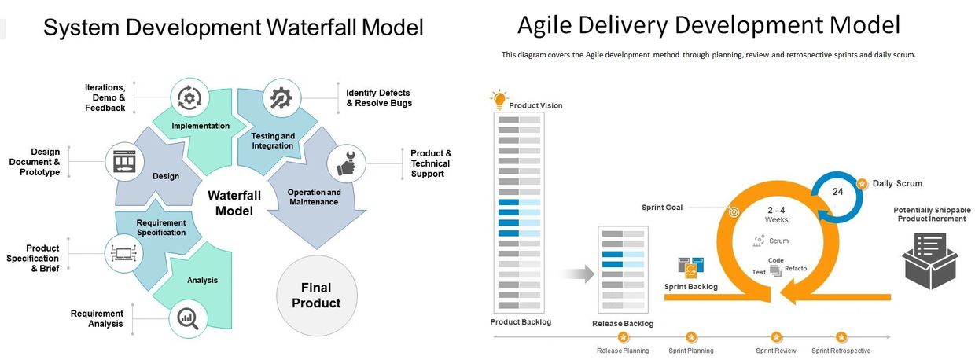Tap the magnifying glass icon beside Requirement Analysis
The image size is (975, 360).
tap(188, 318)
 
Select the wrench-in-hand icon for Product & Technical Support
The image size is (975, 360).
tap(346, 163)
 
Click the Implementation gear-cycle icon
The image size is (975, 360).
tap(189, 97)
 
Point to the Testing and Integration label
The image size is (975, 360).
tap(273, 141)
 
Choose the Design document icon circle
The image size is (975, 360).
tap(125, 161)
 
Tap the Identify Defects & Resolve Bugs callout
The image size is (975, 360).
tap(379, 97)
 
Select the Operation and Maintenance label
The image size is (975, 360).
tap(314, 197)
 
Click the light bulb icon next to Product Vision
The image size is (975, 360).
tap(498, 99)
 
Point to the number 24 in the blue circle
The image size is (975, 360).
tap(837, 191)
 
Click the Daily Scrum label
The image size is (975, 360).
tap(897, 183)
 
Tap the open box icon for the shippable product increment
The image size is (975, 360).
tap(930, 260)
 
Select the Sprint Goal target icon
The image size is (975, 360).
tap(734, 211)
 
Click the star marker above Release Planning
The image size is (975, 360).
tap(623, 336)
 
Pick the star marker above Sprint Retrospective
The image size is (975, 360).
tap(841, 336)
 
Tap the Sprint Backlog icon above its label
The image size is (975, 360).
tap(690, 267)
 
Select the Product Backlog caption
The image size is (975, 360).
tap(521, 322)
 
